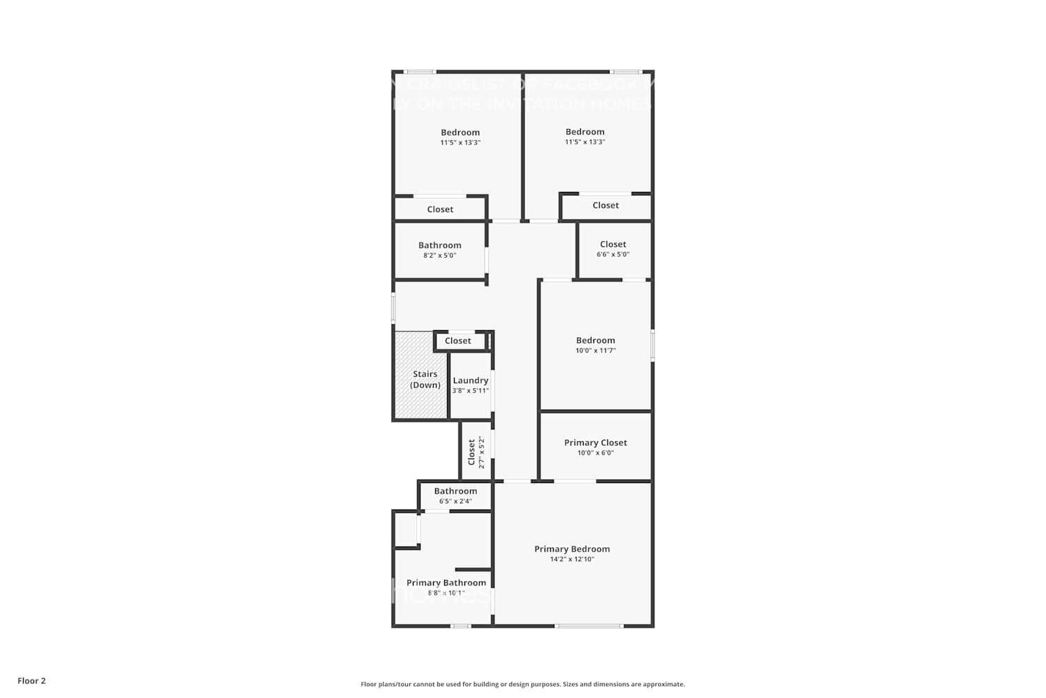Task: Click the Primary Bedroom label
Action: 572,549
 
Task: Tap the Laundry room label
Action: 470,380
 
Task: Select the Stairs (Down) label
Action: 425,380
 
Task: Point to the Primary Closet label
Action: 596,443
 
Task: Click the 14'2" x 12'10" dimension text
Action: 572,559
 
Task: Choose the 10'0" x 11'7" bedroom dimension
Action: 596,350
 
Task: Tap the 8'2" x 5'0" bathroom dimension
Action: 439,255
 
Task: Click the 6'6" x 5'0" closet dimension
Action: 613,254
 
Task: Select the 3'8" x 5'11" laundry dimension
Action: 470,391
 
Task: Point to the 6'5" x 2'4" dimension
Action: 455,501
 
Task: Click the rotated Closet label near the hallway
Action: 471,452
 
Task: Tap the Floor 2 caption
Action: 31,681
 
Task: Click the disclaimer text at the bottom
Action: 522,684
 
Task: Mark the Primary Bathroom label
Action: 446,583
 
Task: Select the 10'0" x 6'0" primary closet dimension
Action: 596,453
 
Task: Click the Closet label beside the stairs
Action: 458,341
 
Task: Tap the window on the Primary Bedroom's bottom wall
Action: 589,625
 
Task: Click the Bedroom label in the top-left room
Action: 460,132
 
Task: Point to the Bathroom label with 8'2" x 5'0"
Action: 439,245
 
